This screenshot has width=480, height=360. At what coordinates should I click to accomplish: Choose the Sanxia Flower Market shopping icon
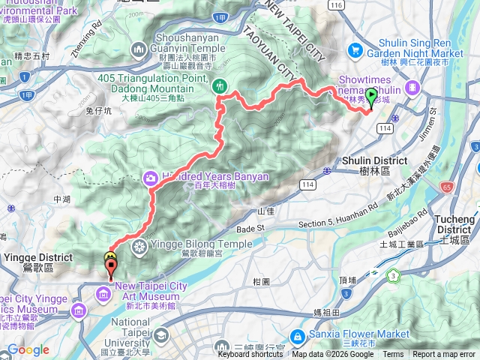298,334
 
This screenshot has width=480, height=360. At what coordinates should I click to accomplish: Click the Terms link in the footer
393,355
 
